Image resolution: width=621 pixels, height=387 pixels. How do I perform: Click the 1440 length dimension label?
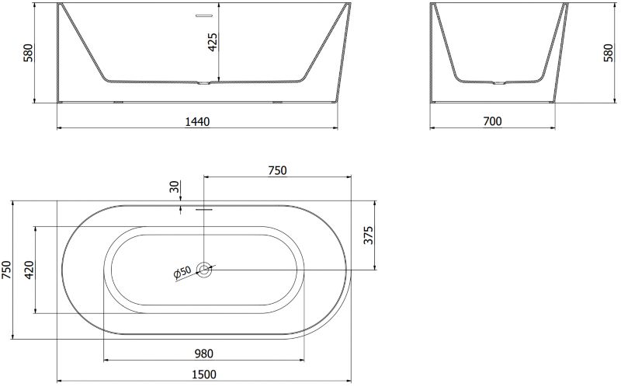click(x=198, y=122)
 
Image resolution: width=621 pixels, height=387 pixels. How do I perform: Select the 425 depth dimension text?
click(x=213, y=42)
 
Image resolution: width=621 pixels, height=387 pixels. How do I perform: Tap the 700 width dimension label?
click(x=492, y=121)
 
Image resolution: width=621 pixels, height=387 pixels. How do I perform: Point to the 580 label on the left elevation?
click(x=29, y=53)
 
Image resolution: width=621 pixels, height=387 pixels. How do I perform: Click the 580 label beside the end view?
click(x=609, y=53)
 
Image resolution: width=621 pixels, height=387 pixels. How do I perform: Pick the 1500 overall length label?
click(x=204, y=375)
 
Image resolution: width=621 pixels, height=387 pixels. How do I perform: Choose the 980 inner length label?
click(x=204, y=354)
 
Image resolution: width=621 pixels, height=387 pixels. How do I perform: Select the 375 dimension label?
click(x=368, y=235)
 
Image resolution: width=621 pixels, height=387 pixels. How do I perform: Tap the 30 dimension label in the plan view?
click(x=175, y=187)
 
